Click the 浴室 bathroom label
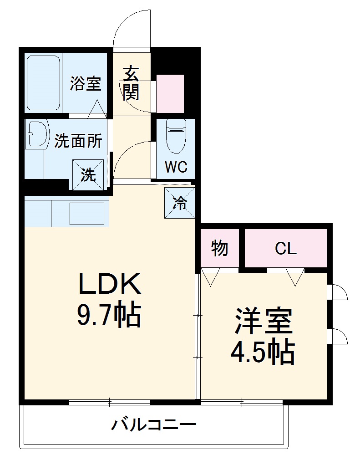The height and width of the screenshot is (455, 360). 85,84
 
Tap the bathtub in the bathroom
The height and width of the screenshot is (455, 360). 43,82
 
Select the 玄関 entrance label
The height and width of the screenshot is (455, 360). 131,84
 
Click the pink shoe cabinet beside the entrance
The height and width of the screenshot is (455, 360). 170,93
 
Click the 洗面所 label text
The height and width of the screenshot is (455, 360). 78,141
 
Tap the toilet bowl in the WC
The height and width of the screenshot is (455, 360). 175,136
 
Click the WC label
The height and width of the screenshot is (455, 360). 176,168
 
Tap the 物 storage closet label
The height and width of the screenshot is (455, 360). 219,249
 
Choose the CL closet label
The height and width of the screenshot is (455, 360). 286,249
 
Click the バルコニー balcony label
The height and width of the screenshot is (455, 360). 154,425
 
